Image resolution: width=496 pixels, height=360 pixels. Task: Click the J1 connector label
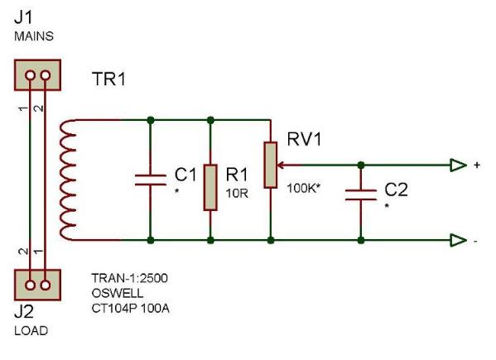click(23, 17)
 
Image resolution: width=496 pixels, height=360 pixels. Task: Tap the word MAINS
click(34, 36)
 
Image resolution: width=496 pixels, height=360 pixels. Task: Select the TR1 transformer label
click(109, 79)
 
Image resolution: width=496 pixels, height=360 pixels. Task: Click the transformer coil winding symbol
click(68, 180)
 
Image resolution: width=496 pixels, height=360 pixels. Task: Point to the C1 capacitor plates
click(151, 180)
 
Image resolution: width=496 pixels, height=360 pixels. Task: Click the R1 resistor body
click(210, 187)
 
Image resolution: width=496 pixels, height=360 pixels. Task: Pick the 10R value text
click(237, 193)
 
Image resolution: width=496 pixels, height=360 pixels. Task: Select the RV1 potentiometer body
click(271, 165)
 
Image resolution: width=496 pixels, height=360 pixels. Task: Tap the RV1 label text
click(304, 139)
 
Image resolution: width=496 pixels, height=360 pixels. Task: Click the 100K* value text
click(303, 189)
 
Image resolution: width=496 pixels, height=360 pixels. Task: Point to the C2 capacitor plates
click(361, 194)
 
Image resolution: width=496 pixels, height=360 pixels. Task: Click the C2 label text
click(396, 190)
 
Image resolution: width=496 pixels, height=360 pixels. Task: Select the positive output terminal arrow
click(459, 165)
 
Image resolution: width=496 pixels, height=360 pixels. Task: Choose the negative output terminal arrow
click(459, 241)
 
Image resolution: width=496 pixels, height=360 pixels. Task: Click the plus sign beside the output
click(477, 165)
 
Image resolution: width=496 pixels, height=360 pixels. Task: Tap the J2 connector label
click(24, 312)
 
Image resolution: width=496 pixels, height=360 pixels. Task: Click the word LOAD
click(31, 330)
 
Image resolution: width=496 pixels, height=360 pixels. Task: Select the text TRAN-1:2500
click(130, 278)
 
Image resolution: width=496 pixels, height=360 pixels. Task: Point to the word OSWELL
click(118, 293)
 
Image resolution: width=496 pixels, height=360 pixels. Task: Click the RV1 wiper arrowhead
click(280, 165)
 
